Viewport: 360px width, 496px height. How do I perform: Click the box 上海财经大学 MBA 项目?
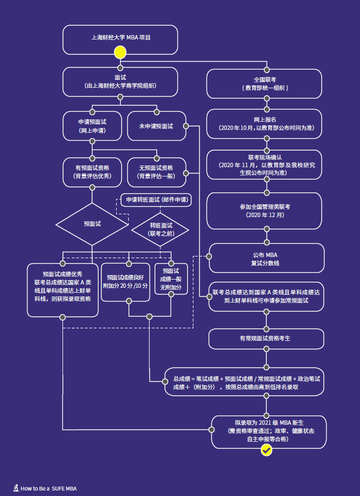click(120, 39)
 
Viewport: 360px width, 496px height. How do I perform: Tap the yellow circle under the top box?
click(120, 53)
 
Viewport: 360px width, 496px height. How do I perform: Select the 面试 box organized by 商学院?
click(120, 82)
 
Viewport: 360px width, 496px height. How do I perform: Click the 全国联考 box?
click(265, 84)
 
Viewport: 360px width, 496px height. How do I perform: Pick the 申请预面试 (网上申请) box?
click(92, 126)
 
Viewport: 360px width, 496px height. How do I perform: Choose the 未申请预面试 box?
click(156, 126)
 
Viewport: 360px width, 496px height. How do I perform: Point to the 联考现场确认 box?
click(265, 164)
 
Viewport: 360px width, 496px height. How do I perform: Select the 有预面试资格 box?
click(92, 172)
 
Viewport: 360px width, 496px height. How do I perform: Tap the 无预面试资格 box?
click(156, 172)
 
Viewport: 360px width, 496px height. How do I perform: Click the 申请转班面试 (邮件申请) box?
click(156, 199)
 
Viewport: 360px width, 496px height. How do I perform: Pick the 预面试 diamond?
click(92, 224)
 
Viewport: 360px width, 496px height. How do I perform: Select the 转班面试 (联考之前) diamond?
click(161, 229)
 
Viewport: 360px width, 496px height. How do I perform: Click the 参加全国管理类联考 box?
click(265, 210)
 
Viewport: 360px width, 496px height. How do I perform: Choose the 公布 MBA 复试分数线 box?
click(265, 259)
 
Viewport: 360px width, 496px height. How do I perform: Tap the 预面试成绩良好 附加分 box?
click(128, 282)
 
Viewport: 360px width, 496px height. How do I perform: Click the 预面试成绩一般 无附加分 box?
click(170, 279)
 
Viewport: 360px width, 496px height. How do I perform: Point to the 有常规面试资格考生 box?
click(265, 338)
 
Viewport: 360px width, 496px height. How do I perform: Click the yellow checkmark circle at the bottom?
click(266, 450)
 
